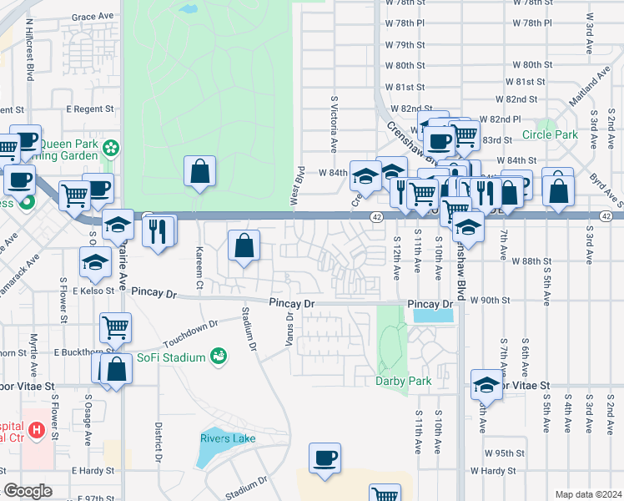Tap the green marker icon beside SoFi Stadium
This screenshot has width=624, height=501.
(x=219, y=357)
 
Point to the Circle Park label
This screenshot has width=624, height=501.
(x=550, y=134)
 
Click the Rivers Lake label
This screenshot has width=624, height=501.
(x=227, y=438)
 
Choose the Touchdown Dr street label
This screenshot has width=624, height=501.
(x=190, y=328)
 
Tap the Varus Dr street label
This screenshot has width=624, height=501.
(x=290, y=328)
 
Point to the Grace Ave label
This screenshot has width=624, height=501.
(x=92, y=16)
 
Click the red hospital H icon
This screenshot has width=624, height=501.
(x=36, y=432)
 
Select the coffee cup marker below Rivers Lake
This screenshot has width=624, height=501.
(x=325, y=458)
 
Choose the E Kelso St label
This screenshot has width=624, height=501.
(x=91, y=291)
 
